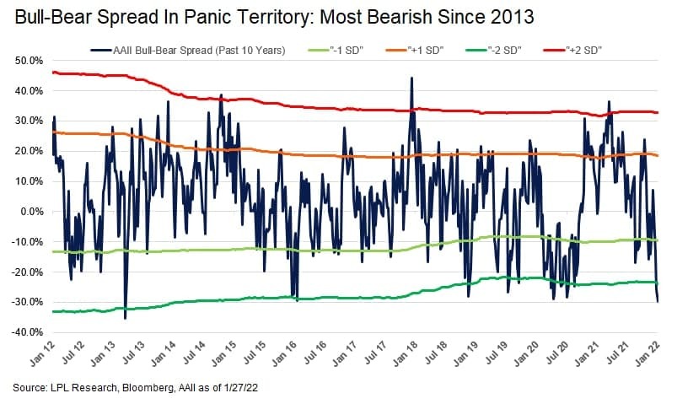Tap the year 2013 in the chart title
coord(513,17)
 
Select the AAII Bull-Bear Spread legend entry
coord(188,51)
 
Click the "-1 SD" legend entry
coord(336,51)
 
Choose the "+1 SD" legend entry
coord(415,51)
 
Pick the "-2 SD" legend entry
coord(494,51)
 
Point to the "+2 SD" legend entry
coord(573,51)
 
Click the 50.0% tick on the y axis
coord(29,61)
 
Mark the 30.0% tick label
coord(29,121)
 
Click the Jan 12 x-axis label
coord(43,354)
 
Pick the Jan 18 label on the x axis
coord(406,354)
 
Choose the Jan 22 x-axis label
coord(647,354)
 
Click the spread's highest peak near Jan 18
coord(411,78)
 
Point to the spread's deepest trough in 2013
coord(126,319)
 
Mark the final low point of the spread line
coord(658,302)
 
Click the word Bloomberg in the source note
coord(148,388)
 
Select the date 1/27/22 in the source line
coord(240,388)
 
